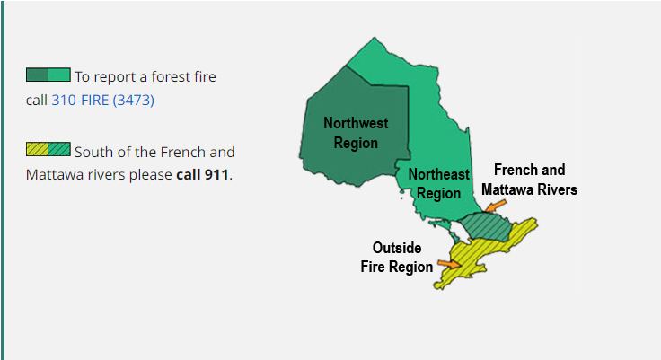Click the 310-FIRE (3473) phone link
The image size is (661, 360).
click(x=102, y=101)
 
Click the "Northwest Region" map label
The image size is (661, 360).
click(x=350, y=133)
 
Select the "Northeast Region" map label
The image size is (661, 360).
click(x=439, y=184)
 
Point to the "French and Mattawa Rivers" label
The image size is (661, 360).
click(x=529, y=180)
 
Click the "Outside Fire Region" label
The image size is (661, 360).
click(x=397, y=257)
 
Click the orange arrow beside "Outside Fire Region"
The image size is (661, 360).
click(x=449, y=263)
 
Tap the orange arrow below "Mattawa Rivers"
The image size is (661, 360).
click(x=492, y=206)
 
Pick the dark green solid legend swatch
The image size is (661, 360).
click(x=37, y=75)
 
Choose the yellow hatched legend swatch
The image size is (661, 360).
click(x=37, y=148)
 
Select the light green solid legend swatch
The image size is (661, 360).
click(x=59, y=75)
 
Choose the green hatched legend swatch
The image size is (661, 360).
click(x=59, y=148)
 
